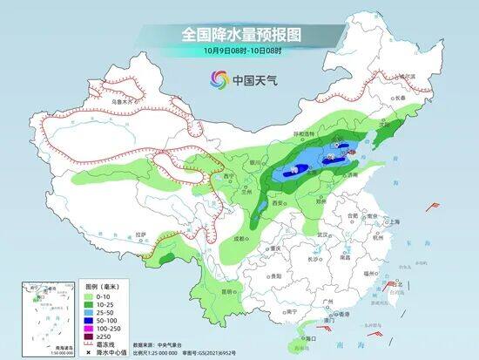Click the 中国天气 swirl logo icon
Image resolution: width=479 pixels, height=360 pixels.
click(x=216, y=81)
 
